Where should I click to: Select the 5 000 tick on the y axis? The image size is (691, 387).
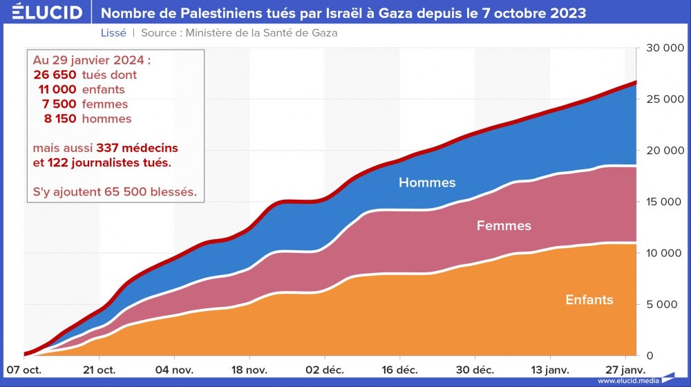pos(668,304)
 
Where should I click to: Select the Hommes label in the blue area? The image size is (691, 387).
pos(427,183)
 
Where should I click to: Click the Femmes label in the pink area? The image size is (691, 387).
pos(504,226)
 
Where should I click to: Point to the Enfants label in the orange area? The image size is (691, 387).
pos(589,300)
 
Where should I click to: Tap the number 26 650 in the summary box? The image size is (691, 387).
pos(55,75)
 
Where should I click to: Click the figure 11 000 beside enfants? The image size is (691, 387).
pos(57,90)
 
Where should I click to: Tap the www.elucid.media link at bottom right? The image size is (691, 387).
pos(628,381)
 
